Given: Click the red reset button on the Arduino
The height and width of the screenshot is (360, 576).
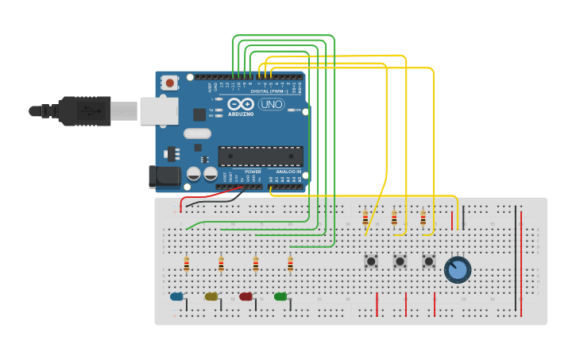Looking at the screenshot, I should click(169, 82).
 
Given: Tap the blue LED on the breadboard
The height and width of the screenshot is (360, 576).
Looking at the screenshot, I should click(176, 296).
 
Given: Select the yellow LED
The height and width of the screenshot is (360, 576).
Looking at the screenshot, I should click(211, 296).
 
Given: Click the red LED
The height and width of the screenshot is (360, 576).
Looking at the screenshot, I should click(245, 296).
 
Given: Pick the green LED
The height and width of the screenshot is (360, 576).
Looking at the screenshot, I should click(280, 296).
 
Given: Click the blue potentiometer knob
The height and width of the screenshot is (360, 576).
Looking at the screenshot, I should click(457, 270).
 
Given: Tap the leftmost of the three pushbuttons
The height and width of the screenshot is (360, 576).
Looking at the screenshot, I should click(371, 261).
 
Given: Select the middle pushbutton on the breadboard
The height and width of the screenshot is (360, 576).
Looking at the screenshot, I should click(400, 261).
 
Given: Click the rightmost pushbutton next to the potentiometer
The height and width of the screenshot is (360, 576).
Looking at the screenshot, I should click(429, 261).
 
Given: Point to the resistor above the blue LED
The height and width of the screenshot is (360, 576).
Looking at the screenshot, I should click(186, 265).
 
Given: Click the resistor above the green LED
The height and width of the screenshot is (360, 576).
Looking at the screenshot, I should click(290, 265).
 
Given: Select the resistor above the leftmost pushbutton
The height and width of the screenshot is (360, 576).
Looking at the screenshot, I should click(365, 218).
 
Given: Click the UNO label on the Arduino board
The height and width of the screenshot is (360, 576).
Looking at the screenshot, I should click(271, 104).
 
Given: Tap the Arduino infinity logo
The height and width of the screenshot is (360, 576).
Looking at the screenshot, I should click(241, 104).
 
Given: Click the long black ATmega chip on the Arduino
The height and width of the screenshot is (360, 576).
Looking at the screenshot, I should click(260, 157).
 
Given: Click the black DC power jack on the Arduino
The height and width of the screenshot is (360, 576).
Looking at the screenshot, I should click(165, 177).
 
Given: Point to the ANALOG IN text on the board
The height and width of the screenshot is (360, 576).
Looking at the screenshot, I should click(288, 172).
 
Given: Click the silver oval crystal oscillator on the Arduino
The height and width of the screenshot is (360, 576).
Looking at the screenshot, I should click(198, 134).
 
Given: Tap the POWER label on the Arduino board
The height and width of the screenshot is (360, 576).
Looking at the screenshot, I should click(253, 172).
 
